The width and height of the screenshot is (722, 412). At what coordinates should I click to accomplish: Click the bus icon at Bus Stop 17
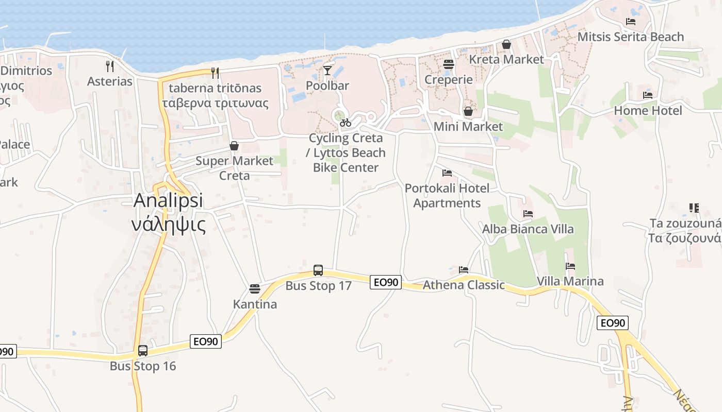[x=318, y=270]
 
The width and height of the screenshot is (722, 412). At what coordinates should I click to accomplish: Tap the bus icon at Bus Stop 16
[x=143, y=351]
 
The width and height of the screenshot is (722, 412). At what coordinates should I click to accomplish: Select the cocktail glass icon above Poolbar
[x=327, y=70]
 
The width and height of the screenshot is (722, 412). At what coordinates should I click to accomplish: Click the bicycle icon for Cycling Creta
[x=346, y=123]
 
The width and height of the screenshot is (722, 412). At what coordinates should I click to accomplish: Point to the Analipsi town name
[x=169, y=201]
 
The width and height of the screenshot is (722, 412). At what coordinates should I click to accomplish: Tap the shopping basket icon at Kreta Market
[x=506, y=45]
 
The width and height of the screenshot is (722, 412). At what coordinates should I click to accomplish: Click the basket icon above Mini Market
[x=468, y=111]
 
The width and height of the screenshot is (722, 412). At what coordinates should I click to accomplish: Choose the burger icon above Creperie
[x=448, y=64]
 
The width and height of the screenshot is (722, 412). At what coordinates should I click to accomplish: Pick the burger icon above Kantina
[x=254, y=288]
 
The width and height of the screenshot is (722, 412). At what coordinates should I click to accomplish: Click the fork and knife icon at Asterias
[x=109, y=66]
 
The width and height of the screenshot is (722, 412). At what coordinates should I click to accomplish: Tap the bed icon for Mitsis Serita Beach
[x=630, y=22]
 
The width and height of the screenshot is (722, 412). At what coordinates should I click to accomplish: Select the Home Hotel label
[x=648, y=110]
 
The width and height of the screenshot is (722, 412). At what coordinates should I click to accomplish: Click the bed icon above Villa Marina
[x=570, y=266]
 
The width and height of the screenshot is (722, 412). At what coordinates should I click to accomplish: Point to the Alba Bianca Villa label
[x=528, y=229]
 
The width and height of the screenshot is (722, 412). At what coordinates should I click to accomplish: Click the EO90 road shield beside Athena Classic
[x=386, y=282]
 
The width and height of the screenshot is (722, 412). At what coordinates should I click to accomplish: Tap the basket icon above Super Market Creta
[x=234, y=146]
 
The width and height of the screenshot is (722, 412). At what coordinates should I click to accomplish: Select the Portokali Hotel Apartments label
[x=447, y=195]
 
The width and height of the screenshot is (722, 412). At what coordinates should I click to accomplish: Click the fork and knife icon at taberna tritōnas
[x=215, y=73]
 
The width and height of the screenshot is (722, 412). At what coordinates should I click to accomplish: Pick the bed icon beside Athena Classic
[x=464, y=269]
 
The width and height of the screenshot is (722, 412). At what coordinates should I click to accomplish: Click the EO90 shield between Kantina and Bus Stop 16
[x=206, y=341]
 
